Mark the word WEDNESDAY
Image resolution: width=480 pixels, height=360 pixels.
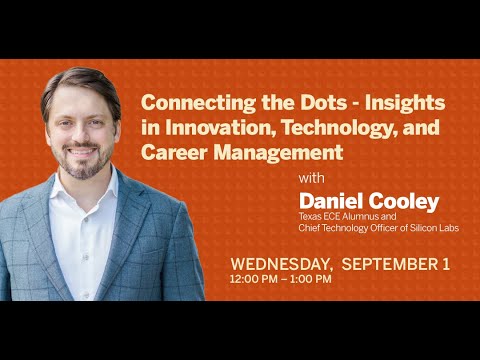pyautogui.click(x=281, y=264)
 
